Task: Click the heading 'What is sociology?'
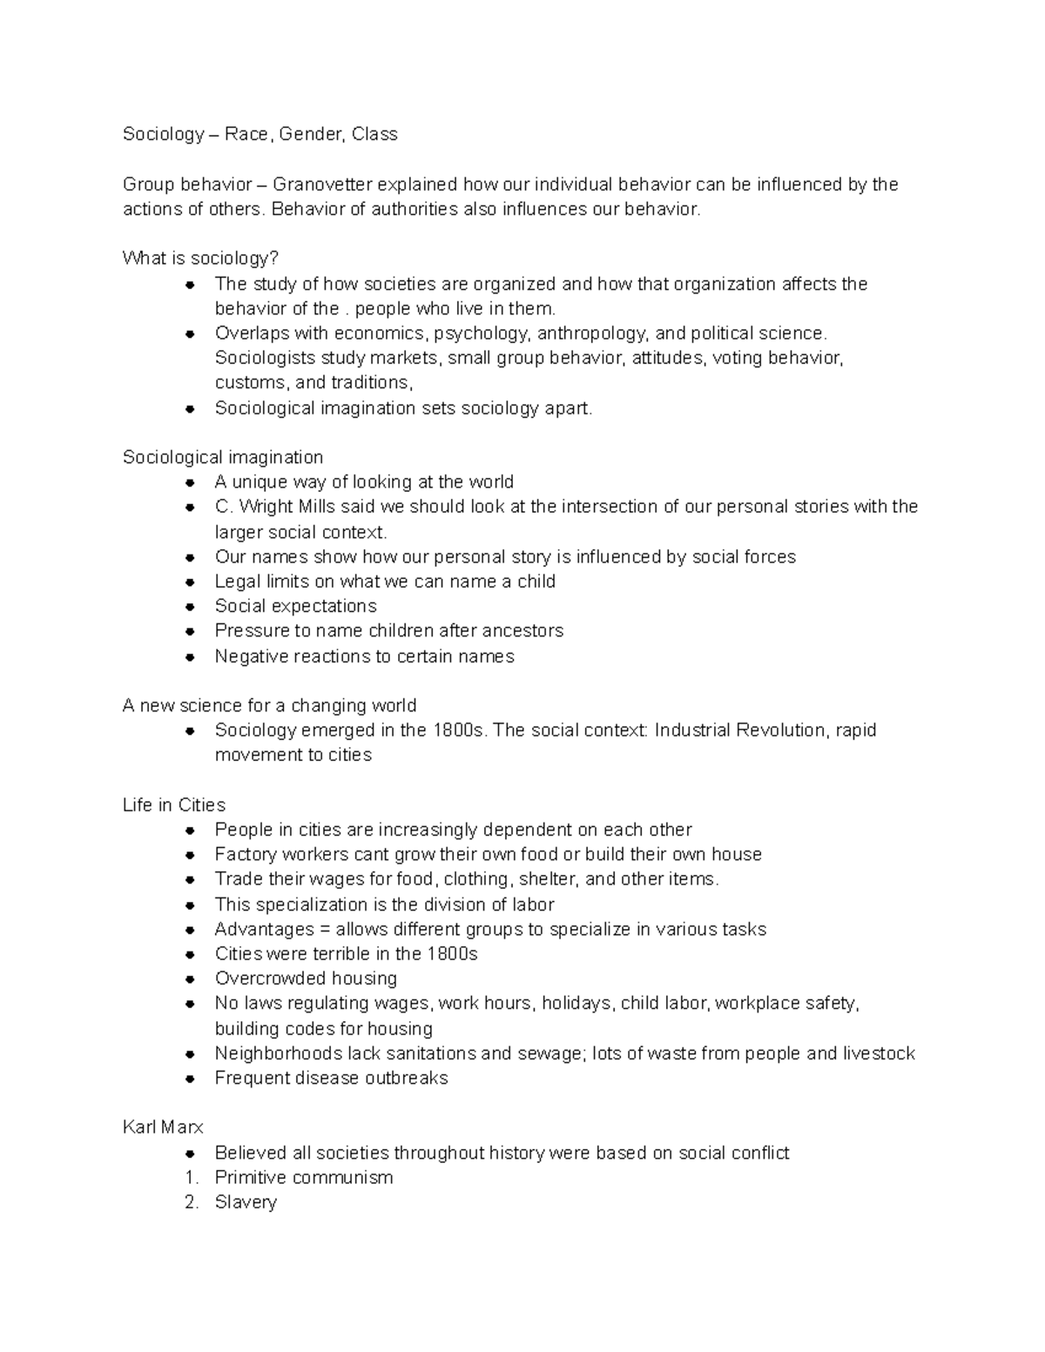[x=200, y=259]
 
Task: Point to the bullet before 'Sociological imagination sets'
[x=191, y=408]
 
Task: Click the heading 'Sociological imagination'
[x=223, y=457]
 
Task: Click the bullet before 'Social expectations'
[x=191, y=607]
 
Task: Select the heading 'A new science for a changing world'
[x=269, y=705]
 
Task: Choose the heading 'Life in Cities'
[x=174, y=804]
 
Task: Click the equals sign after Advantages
[x=324, y=929]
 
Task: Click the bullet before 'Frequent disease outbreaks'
[x=191, y=1079]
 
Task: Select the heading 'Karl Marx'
[x=163, y=1127]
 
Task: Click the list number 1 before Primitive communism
[x=191, y=1178]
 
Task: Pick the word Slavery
[x=246, y=1202]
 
